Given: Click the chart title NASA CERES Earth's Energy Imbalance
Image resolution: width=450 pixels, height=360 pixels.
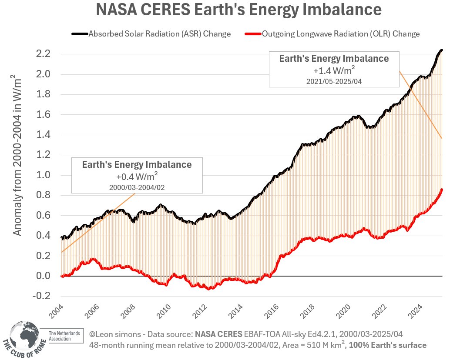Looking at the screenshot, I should (238, 10).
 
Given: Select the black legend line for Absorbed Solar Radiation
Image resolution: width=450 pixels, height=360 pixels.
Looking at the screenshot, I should (80, 34).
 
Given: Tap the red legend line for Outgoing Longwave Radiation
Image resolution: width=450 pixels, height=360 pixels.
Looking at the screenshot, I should (253, 34).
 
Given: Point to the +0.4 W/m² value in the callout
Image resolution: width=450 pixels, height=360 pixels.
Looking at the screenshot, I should (137, 177).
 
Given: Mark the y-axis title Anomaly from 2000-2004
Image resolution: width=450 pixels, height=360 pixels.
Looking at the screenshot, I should (17, 155).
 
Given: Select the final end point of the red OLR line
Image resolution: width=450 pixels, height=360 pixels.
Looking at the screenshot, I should (442, 189).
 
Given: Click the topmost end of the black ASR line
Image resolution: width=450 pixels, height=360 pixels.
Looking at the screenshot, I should (442, 50).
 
